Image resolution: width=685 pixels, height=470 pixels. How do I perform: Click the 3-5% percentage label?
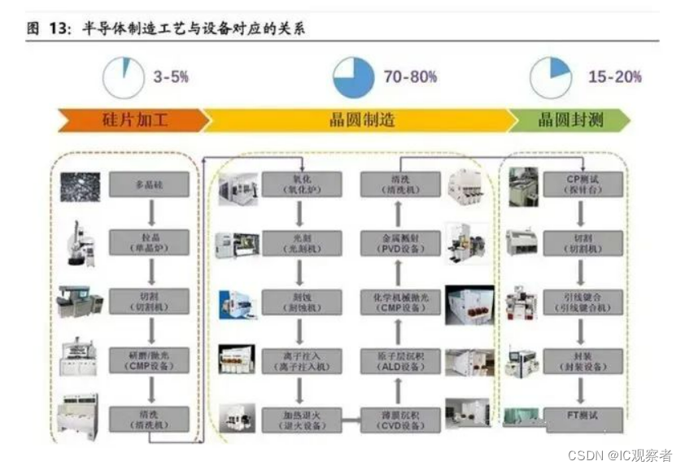[x=171, y=77]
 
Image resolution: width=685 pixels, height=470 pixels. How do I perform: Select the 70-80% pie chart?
[x=354, y=78]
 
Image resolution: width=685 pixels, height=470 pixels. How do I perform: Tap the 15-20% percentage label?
[x=614, y=77]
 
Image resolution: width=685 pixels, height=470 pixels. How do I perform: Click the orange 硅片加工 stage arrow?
[x=130, y=120]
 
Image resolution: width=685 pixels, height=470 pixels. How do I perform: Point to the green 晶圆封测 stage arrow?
[x=569, y=120]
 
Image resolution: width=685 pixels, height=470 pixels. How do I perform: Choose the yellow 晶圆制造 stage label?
[x=361, y=120]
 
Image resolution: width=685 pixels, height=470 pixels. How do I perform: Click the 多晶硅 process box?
[x=149, y=185]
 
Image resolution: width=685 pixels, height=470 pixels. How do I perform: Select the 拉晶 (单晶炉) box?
[x=149, y=242]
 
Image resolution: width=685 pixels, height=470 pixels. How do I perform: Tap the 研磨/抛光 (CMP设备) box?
[x=149, y=359]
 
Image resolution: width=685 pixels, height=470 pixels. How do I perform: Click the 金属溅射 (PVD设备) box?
[x=400, y=242]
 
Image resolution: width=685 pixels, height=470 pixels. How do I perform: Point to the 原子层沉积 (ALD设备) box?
[x=400, y=359]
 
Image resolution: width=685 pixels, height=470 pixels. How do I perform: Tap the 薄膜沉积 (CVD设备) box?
[x=400, y=419]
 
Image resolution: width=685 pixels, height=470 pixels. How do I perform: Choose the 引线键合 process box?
[x=582, y=301]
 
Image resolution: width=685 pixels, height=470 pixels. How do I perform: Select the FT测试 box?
[x=582, y=418]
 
